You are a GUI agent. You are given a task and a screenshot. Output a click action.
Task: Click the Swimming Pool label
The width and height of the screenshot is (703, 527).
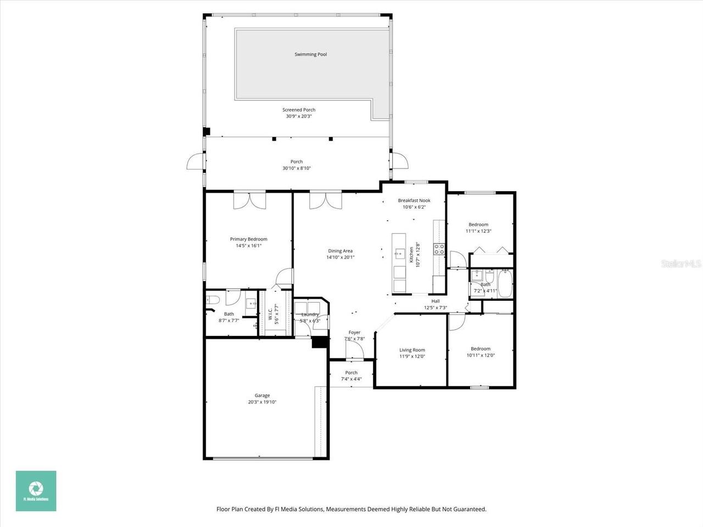click(310, 54)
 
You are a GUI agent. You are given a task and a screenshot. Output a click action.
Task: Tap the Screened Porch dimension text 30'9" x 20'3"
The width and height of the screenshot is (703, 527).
click(299, 116)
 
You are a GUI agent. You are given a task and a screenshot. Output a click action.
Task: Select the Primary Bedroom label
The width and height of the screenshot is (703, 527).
click(248, 239)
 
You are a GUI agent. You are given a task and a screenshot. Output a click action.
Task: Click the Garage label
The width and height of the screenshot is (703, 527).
click(262, 395)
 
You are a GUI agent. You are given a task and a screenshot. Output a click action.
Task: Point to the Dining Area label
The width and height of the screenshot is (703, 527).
click(340, 251)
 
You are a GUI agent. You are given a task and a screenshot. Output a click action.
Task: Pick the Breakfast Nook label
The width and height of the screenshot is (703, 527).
click(414, 200)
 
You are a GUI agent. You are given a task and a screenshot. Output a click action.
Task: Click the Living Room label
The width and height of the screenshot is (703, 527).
click(412, 350)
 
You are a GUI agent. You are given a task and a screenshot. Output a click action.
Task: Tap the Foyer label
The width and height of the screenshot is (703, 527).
click(354, 332)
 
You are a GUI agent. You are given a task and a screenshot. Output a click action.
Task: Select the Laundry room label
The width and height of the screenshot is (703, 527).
click(310, 315)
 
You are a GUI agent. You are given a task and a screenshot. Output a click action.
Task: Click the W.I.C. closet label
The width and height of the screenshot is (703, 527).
click(270, 314)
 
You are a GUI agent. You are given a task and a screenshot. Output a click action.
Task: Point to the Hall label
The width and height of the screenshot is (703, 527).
click(436, 301)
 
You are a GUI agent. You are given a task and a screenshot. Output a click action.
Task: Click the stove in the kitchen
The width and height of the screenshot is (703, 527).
click(439, 249)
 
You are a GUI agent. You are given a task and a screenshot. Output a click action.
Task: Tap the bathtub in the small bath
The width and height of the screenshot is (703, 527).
click(505, 283)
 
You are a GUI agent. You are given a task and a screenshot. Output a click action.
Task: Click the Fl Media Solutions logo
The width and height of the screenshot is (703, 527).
click(36, 491)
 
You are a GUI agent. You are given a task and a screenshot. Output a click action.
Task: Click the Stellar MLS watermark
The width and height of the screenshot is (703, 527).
click(681, 264)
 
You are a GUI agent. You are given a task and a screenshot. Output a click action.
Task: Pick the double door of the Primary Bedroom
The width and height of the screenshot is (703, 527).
click(249, 200)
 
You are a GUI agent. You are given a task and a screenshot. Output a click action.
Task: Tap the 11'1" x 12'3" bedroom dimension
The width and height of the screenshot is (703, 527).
click(478, 231)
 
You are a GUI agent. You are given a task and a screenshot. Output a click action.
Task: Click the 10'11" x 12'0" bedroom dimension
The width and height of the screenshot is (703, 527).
click(481, 355)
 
